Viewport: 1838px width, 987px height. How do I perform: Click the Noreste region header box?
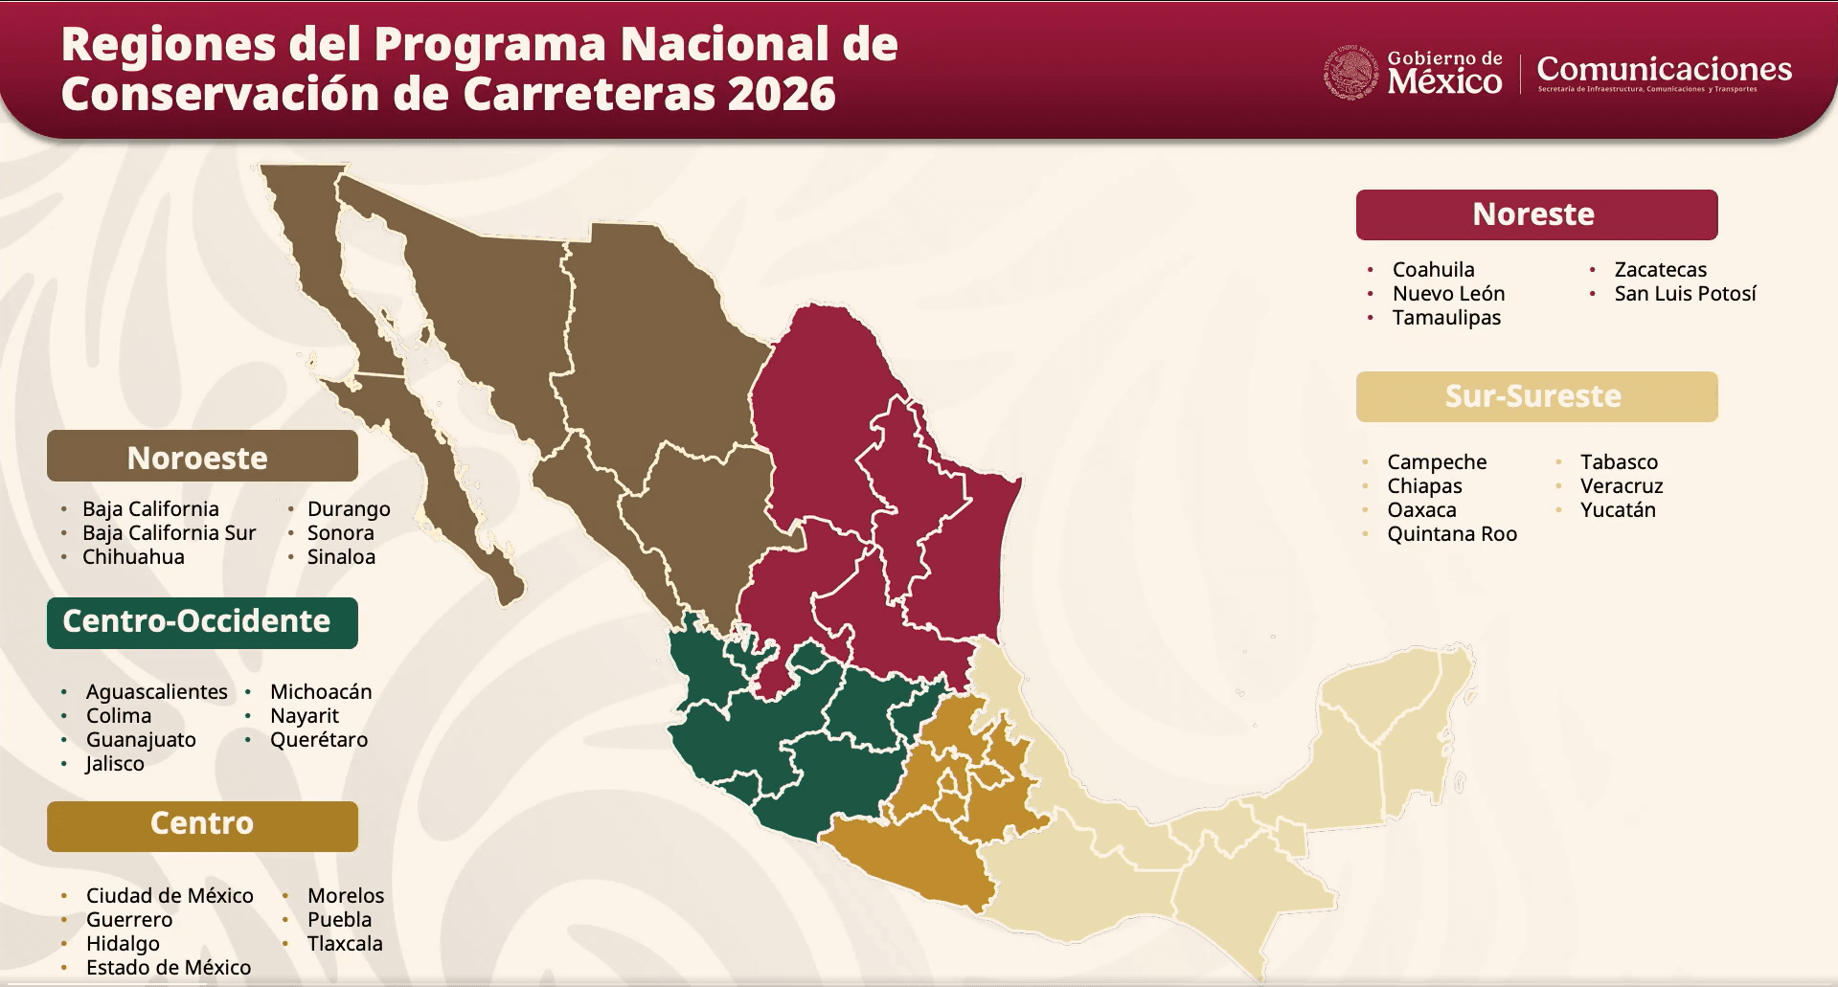(x=1535, y=214)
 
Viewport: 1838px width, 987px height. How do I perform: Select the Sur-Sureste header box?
(x=1535, y=396)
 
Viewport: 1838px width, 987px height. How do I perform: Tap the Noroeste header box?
(x=201, y=457)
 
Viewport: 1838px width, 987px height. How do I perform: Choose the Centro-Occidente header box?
(x=201, y=622)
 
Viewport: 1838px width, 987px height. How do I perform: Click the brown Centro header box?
(x=201, y=825)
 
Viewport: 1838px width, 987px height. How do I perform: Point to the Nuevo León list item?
(x=1448, y=294)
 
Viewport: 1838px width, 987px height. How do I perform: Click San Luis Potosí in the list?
(x=1685, y=294)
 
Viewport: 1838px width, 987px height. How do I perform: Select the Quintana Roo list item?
(x=1451, y=534)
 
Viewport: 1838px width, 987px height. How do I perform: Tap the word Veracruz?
(x=1622, y=486)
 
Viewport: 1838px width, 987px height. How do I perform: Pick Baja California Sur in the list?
(x=169, y=533)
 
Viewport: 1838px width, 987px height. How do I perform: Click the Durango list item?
(x=349, y=509)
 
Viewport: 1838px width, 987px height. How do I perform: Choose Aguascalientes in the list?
(x=157, y=692)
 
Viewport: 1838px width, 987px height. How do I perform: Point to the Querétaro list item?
(x=319, y=740)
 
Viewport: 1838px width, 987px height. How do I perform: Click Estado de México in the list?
(x=169, y=968)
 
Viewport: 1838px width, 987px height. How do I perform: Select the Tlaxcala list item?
(x=345, y=944)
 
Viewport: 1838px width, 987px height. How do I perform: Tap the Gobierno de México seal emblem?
(x=1350, y=73)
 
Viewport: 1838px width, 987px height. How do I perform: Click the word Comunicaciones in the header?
(x=1664, y=69)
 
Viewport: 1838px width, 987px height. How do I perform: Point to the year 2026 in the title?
(x=782, y=94)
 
